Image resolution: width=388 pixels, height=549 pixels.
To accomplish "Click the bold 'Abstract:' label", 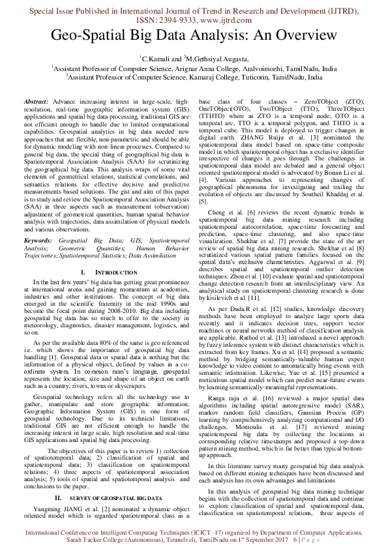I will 36,102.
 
